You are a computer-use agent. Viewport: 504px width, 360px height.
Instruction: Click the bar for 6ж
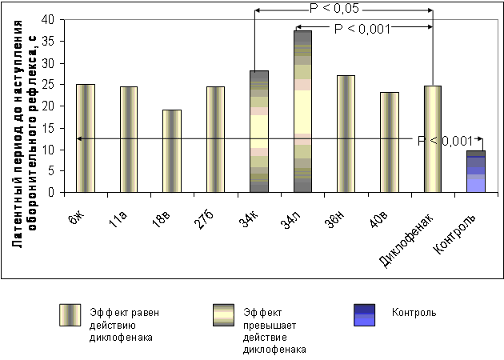click(x=85, y=138)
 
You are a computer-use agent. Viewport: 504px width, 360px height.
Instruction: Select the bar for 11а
click(x=128, y=139)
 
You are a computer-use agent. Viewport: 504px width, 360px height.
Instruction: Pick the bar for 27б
click(x=215, y=139)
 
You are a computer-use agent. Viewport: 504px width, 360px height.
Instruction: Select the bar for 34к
click(x=258, y=131)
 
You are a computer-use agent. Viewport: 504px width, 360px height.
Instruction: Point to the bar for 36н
click(x=346, y=134)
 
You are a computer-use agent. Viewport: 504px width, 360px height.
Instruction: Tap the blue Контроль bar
click(x=476, y=171)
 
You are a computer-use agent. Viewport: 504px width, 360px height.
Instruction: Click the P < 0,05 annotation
click(x=344, y=9)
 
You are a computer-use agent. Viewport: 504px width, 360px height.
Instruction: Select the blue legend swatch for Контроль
click(x=364, y=315)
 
